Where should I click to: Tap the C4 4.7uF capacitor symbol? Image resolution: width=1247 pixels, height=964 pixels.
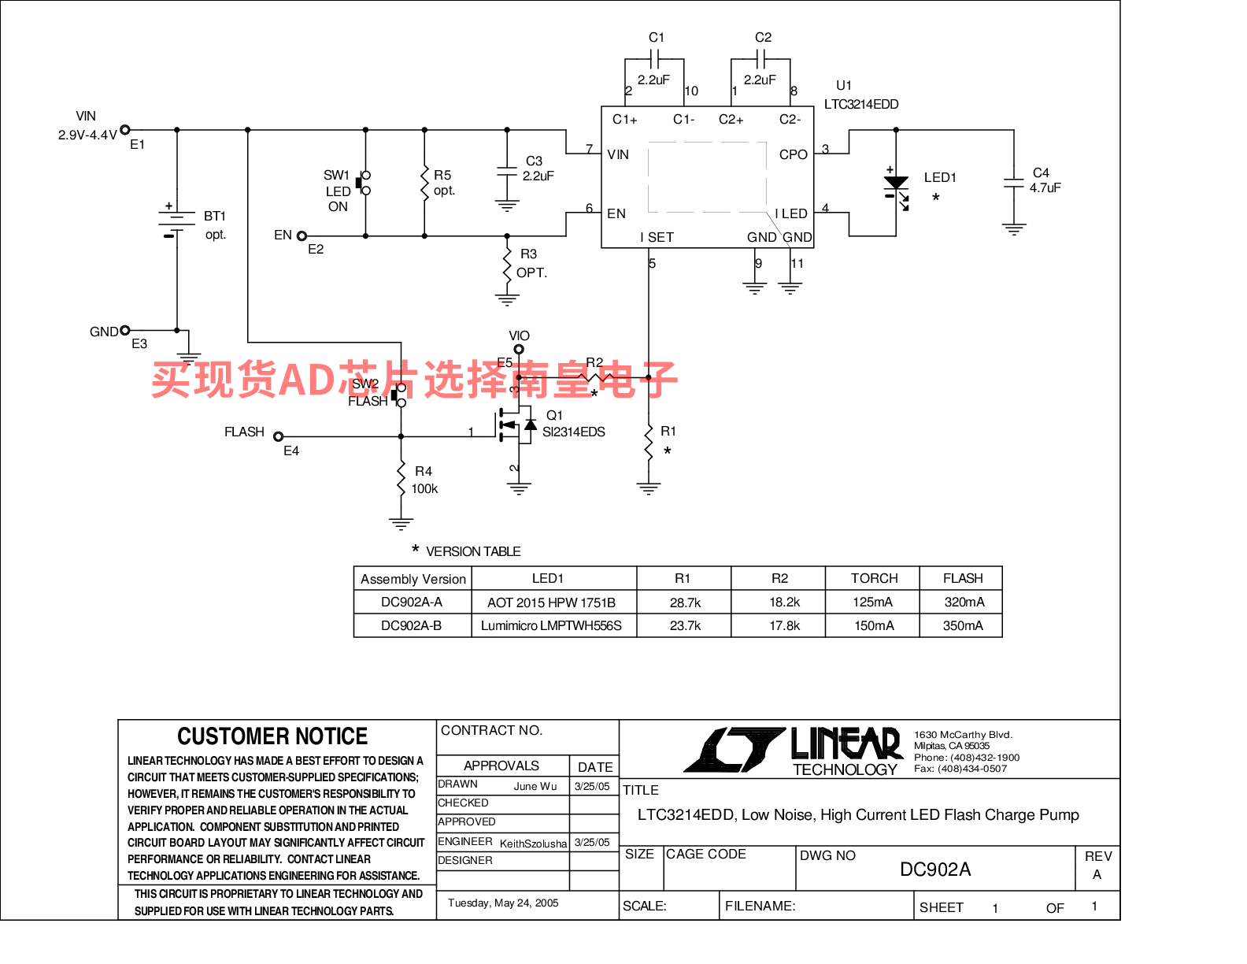click(1013, 184)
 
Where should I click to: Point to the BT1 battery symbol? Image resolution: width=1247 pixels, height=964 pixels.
click(176, 223)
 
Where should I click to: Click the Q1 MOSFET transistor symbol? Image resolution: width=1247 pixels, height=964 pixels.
click(516, 425)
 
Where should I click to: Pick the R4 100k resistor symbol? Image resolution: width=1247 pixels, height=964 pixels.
click(401, 479)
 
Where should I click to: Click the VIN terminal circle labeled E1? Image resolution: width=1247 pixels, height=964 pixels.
click(124, 130)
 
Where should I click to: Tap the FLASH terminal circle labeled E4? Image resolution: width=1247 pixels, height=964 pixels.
click(279, 436)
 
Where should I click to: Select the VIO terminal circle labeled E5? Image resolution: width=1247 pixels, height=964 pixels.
click(518, 349)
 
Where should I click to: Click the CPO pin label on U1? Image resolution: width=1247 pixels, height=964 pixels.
click(793, 154)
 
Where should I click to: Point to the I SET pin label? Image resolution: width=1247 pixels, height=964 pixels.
click(657, 237)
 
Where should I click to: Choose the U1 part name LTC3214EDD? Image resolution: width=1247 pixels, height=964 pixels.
click(860, 105)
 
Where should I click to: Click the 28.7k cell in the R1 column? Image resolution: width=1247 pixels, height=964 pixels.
click(685, 602)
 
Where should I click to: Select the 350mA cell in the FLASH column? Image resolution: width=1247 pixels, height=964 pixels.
click(962, 626)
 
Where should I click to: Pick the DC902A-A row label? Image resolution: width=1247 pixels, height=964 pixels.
click(412, 602)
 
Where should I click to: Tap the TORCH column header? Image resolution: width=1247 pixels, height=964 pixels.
click(874, 578)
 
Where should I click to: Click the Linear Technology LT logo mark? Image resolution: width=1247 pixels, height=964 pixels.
click(735, 749)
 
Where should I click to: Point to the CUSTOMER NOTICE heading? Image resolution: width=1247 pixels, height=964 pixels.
click(272, 736)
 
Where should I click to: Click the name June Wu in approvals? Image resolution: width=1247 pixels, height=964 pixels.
click(535, 787)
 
